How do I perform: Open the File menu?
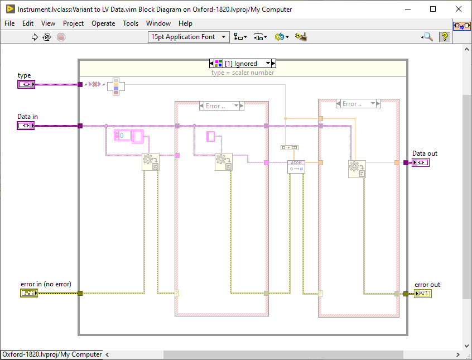[x=9, y=23]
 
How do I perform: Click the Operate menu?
[x=103, y=23]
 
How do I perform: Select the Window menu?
[x=158, y=23]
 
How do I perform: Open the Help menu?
[x=185, y=23]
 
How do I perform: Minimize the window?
[x=407, y=9]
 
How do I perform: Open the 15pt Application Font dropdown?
[x=189, y=37]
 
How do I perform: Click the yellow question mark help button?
[x=444, y=37]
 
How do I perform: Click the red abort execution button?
[x=61, y=37]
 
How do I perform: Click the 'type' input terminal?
[x=26, y=84]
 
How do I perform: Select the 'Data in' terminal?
[x=26, y=126]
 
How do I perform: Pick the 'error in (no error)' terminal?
[x=29, y=293]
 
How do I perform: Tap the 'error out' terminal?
[x=422, y=294]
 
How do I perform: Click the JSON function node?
[x=296, y=166]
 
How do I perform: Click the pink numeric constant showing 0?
[x=123, y=135]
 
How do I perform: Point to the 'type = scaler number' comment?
[x=243, y=73]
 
